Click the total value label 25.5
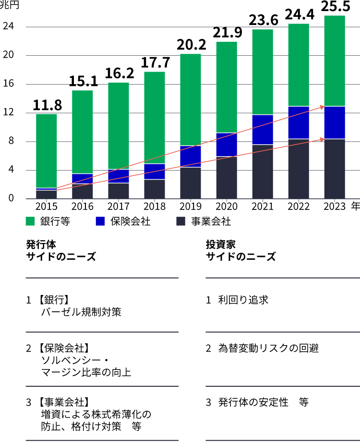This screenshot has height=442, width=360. pyautogui.click(x=335, y=7)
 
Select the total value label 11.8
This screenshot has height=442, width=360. pyautogui.click(x=47, y=105)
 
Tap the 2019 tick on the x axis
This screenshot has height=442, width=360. pyautogui.click(x=191, y=207)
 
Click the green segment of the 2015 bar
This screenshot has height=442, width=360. pyautogui.click(x=47, y=150)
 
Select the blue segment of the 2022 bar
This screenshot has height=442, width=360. pyautogui.click(x=299, y=123)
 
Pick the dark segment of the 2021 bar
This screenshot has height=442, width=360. pyautogui.click(x=263, y=172)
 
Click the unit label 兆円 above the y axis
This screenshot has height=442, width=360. pyautogui.click(x=9, y=6)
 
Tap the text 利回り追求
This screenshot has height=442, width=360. pyautogui.click(x=243, y=300)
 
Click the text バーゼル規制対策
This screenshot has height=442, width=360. pyautogui.click(x=81, y=312)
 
